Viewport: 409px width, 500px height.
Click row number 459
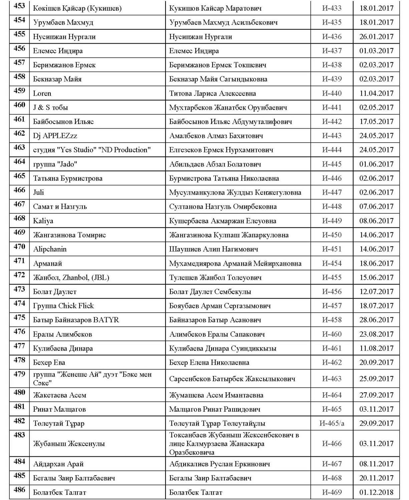coord(19,91)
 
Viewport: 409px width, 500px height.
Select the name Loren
coord(42,93)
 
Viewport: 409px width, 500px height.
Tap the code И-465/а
coord(332,423)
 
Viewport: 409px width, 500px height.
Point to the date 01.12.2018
coord(376,492)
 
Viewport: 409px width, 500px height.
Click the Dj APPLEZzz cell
coord(55,136)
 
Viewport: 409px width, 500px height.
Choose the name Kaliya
coord(43,221)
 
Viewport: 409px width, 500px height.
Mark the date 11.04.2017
coord(376,93)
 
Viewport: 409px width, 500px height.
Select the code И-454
coord(332,263)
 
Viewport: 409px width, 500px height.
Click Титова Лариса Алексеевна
coord(213,93)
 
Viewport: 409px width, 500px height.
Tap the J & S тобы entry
coord(50,107)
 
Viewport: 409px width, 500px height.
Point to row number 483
coord(19,435)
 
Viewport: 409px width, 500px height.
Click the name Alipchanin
coord(50,249)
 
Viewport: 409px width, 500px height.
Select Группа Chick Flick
coord(63,306)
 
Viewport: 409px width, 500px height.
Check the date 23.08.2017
coord(376,334)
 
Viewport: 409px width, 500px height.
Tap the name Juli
coord(38,192)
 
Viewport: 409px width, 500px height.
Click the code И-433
coord(332,8)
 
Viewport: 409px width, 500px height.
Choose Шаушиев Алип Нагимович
coord(214,249)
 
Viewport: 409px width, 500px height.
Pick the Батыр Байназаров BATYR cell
coord(76,320)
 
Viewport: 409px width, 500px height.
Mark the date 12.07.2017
coord(376,292)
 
